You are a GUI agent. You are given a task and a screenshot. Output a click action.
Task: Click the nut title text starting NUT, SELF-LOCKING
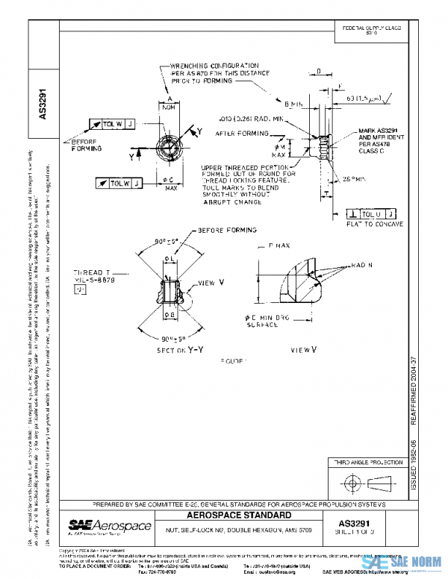point(228,530)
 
